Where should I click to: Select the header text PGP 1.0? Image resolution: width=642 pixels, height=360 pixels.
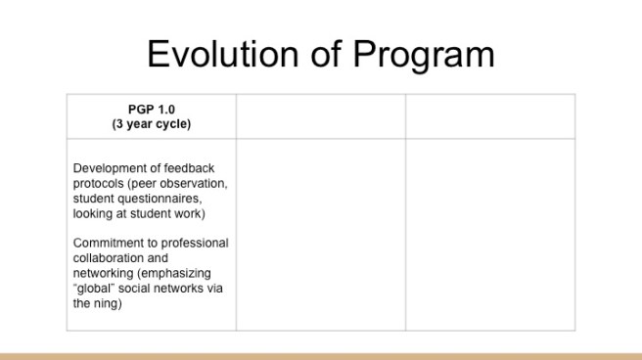(151, 109)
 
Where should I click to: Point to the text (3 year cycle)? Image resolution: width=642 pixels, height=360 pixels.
(151, 124)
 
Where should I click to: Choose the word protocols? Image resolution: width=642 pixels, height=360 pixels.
(99, 183)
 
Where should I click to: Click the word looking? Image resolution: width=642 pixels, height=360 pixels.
(94, 212)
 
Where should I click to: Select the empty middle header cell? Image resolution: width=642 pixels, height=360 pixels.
(320, 116)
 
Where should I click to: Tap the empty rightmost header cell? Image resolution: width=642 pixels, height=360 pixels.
(489, 116)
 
